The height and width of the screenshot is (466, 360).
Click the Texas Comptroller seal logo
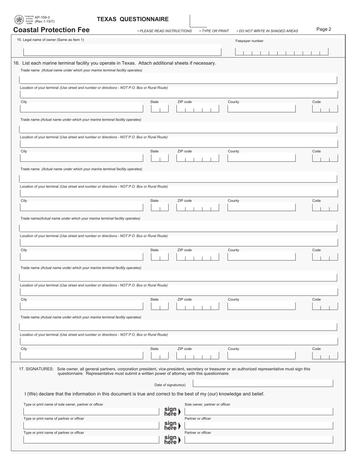(x=19, y=20)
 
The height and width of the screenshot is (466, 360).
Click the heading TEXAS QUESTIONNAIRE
(x=133, y=19)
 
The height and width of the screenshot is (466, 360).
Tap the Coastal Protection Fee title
(x=52, y=30)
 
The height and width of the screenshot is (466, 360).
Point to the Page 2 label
(x=324, y=29)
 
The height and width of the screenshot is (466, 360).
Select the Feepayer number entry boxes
(x=282, y=52)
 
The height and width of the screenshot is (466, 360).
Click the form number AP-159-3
(x=42, y=17)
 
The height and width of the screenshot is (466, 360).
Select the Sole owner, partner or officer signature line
(x=259, y=411)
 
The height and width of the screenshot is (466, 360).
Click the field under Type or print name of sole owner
(x=91, y=411)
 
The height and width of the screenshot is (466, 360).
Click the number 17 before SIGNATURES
(x=22, y=369)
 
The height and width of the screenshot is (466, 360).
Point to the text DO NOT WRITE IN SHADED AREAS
(x=268, y=31)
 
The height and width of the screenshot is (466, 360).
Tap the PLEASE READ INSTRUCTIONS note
(x=165, y=31)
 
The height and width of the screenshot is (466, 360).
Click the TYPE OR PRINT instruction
(x=215, y=31)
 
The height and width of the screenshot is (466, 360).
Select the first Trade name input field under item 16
(x=178, y=80)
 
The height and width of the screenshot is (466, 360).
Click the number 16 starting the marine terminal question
(x=16, y=63)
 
